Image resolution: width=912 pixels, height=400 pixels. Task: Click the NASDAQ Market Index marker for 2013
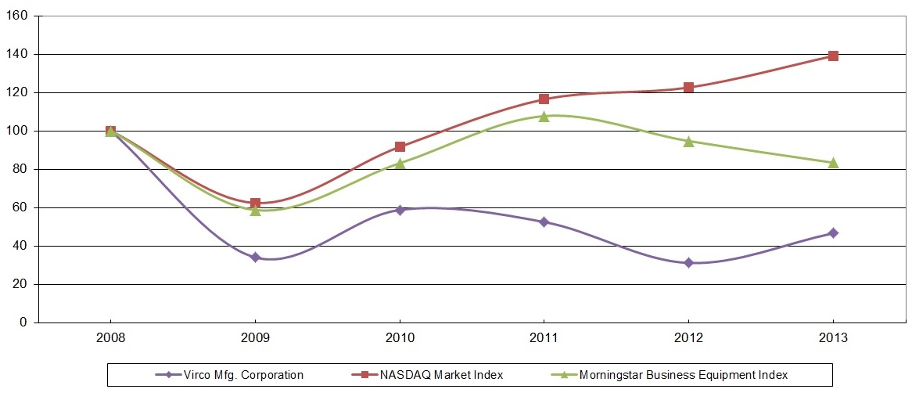[x=833, y=56]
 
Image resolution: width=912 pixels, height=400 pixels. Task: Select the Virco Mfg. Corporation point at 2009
[x=255, y=257]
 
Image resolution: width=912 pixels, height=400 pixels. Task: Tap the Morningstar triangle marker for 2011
[x=544, y=116]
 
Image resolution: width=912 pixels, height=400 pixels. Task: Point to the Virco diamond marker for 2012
[x=688, y=263]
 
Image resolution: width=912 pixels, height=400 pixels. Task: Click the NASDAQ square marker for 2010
[x=400, y=147]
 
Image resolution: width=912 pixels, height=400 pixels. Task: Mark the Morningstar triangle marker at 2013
[x=833, y=163]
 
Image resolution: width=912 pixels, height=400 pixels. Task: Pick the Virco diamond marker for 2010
[x=400, y=210]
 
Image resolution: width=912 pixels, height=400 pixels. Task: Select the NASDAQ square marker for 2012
[x=688, y=88]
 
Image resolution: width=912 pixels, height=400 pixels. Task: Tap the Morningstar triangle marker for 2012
[x=688, y=142]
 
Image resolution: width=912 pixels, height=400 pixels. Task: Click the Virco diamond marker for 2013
[x=833, y=232]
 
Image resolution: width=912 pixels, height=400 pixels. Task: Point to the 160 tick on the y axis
[x=17, y=16]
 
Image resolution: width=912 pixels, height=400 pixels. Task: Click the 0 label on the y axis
[x=24, y=323]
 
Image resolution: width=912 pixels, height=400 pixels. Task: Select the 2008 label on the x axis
[x=110, y=341]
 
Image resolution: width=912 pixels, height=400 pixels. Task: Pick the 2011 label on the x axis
[x=544, y=341]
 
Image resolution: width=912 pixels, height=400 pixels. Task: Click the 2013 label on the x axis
[x=833, y=341]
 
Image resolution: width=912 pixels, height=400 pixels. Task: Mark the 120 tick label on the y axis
[x=17, y=92]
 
